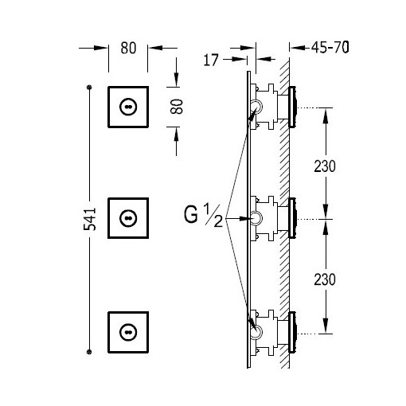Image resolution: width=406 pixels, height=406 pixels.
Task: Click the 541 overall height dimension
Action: click(x=90, y=219)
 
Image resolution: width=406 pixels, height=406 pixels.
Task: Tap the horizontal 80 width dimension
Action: click(x=128, y=48)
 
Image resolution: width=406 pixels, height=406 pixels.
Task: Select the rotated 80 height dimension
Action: click(x=177, y=107)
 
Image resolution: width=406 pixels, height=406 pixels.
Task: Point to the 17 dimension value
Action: click(x=211, y=60)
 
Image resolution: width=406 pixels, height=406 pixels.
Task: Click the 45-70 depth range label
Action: click(x=330, y=48)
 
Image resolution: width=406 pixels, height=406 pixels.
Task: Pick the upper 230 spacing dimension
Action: click(x=325, y=166)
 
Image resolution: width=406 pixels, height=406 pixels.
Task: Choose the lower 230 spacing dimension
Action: click(x=325, y=279)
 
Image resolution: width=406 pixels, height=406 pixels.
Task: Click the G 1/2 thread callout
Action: click(x=204, y=216)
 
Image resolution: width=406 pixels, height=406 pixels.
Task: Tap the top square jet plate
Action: click(x=128, y=107)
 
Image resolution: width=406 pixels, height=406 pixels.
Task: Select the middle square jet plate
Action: click(x=128, y=218)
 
